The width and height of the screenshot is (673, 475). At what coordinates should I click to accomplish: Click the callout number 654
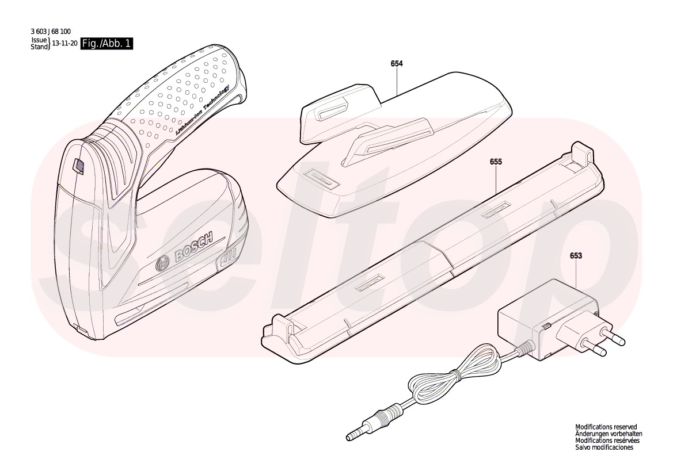point(397,64)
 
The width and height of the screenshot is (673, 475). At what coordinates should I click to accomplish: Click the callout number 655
point(496,162)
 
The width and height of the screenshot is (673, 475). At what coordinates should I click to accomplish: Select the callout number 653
point(576,256)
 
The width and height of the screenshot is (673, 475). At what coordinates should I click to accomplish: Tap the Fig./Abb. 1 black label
point(107,44)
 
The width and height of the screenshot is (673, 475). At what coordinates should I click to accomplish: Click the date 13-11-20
point(64,44)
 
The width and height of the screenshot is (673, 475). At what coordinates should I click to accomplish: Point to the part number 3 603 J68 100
point(51,32)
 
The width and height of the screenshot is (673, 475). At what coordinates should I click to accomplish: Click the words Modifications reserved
point(606,427)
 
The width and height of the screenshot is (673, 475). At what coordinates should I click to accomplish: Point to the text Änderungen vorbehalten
point(609,434)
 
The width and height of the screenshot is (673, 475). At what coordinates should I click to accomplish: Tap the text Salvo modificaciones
point(604,447)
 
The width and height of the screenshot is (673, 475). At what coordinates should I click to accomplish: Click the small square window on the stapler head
point(78,167)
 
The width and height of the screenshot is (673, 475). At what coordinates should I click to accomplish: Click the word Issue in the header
point(38,40)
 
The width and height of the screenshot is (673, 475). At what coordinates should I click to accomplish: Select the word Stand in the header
point(39,47)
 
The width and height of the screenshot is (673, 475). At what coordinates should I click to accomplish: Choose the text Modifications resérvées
point(607,440)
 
